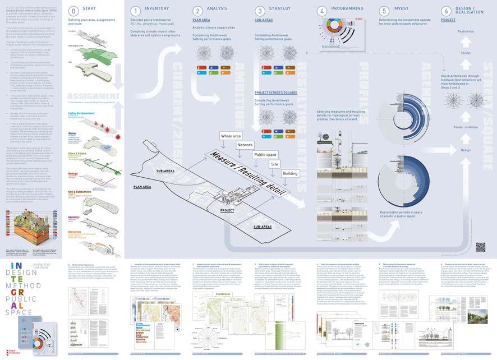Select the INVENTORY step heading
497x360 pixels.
tap(157, 10)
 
